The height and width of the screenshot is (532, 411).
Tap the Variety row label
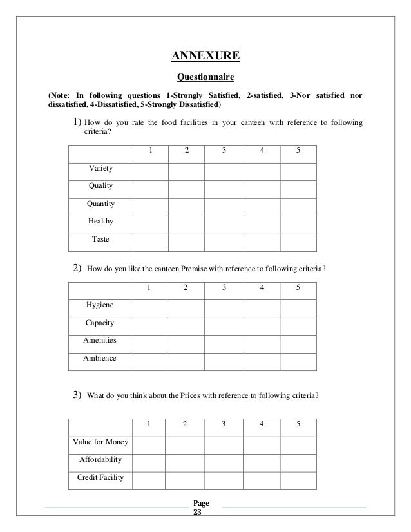pos(100,169)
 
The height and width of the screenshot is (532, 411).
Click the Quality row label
pos(100,186)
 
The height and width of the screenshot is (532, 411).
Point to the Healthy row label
pos(100,221)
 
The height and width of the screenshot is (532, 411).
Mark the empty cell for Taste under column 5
pos(298,239)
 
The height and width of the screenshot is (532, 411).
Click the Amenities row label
pos(100,341)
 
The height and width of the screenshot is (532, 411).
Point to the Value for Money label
pos(100,442)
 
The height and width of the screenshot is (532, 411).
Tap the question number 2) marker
pos(76,269)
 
